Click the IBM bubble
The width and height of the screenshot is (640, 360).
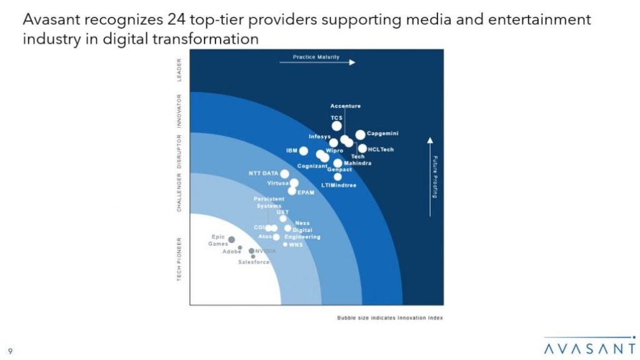pos(304,151)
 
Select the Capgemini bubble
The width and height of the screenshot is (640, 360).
pos(361,134)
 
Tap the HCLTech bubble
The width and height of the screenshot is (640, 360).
pos(362,149)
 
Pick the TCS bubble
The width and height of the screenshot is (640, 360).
pos(337,126)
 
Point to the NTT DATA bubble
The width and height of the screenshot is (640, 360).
pos(285,174)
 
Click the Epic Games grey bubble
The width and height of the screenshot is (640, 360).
pos(231,239)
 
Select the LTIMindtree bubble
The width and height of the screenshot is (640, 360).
pos(338,177)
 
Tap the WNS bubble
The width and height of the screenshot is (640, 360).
pos(285,244)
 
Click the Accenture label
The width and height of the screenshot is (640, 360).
pos(345,106)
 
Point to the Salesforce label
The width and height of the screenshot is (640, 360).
pos(254,262)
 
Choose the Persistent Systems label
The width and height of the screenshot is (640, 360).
pos(269,202)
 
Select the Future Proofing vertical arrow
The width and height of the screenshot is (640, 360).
pos(429,175)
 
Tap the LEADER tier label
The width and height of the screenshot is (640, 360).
pos(179,70)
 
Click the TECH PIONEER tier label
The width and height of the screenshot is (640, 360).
pos(179,259)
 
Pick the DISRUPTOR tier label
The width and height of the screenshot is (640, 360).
pos(179,152)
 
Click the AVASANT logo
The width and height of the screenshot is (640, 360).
pos(589,347)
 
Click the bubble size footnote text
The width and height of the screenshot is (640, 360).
pos(390,317)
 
